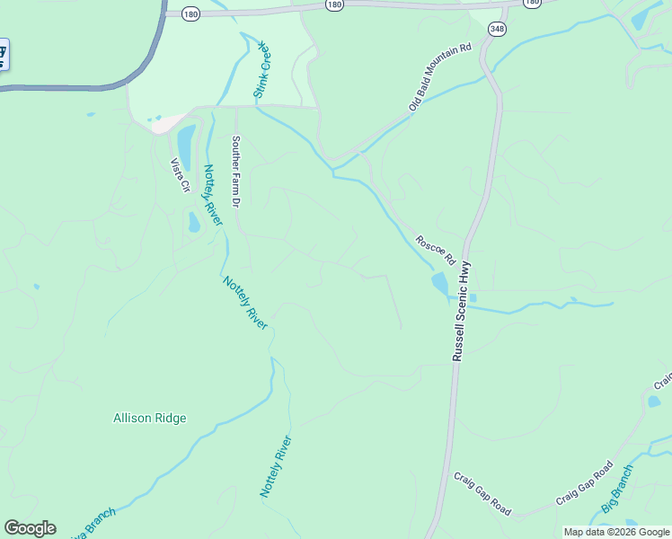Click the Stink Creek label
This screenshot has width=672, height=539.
tap(262, 69)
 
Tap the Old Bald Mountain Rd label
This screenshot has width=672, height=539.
tap(440, 77)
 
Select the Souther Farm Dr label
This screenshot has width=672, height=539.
tap(235, 172)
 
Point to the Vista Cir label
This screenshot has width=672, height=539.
tap(180, 175)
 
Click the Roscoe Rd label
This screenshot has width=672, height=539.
tap(436, 251)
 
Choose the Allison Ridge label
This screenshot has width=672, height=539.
tap(150, 418)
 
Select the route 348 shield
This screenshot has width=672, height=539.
tap(497, 30)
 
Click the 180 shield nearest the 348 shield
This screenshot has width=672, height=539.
tap(533, 3)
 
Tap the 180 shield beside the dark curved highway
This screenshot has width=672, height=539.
tap(190, 13)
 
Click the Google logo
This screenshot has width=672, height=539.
tap(30, 528)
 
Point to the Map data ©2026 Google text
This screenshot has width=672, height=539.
tap(617, 532)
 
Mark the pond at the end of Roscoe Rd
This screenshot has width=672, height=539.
tap(439, 285)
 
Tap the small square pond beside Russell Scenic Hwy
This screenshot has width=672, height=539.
tap(473, 297)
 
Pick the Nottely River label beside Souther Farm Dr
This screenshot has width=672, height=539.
tap(212, 195)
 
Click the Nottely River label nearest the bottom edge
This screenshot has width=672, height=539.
tap(276, 466)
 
